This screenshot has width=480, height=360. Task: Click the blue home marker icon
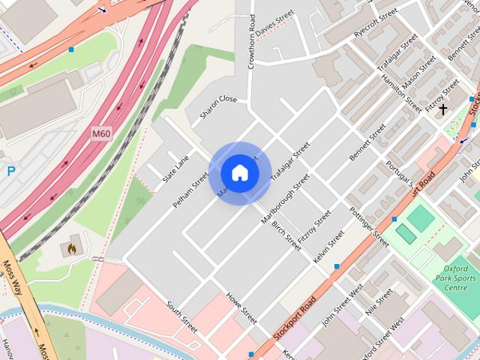coord(239,172)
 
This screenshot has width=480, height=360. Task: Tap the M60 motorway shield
coord(101,134)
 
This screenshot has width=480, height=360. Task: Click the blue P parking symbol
coord(10,171)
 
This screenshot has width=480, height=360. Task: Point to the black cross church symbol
coord(443,110)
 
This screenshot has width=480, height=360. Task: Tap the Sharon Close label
coord(218,109)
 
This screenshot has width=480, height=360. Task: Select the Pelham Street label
coord(190,191)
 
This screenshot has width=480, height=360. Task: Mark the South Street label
coord(181,318)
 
